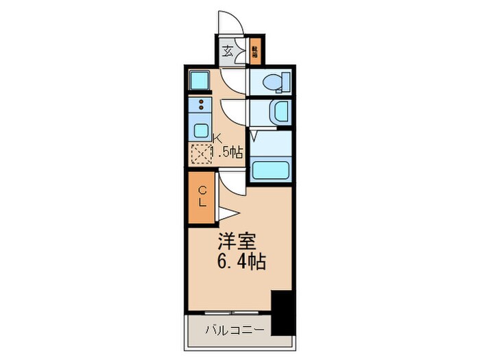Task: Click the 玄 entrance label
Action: point(228,50)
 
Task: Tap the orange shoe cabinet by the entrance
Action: point(254,50)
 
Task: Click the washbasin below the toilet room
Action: point(280,111)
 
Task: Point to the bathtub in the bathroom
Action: point(272,169)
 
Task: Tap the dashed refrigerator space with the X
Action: point(201,155)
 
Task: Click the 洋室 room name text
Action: point(238,241)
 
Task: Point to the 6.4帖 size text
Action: point(242,261)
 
